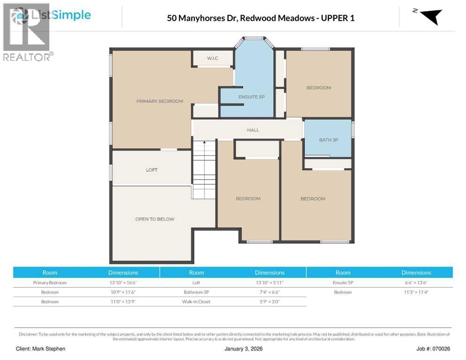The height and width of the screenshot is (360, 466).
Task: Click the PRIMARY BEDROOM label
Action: [x=159, y=101]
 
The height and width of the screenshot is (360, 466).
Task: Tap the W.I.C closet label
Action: [x=212, y=58]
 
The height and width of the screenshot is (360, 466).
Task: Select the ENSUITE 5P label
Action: [x=251, y=97]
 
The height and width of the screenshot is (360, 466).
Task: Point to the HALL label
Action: [x=253, y=130]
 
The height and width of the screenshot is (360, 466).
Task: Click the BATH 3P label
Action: [x=329, y=140]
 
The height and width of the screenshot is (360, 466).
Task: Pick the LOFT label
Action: [x=151, y=170]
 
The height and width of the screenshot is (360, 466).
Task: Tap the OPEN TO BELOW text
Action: [x=155, y=219]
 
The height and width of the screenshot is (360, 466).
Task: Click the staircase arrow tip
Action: [x=204, y=142]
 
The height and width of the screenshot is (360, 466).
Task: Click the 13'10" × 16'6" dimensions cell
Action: [x=123, y=283]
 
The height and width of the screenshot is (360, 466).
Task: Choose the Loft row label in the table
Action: [x=196, y=283]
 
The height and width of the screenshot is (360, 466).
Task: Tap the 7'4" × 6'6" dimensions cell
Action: [x=270, y=292]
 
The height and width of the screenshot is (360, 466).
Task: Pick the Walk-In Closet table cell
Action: [x=196, y=302]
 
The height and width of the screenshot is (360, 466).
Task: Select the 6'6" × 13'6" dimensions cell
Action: [x=416, y=283]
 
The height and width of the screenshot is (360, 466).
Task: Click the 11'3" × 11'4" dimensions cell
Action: [x=416, y=292]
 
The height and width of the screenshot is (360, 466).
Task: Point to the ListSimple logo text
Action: [x=61, y=15]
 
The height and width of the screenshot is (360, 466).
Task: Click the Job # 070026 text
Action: [x=433, y=349]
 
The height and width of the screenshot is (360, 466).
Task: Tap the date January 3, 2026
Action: [x=243, y=349]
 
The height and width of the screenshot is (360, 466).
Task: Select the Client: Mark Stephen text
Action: [x=40, y=349]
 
